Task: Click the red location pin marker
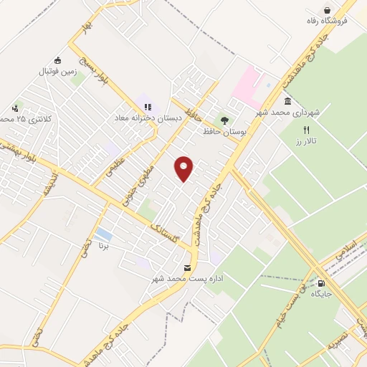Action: coord(184,168)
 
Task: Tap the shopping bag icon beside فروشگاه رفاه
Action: coord(328,10)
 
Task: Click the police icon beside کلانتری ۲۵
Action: coord(16,106)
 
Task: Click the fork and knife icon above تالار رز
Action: coord(307,130)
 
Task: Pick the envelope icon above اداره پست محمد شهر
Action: coord(187,267)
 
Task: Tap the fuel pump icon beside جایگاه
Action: coord(320,282)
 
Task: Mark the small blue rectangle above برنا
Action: coord(103,234)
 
